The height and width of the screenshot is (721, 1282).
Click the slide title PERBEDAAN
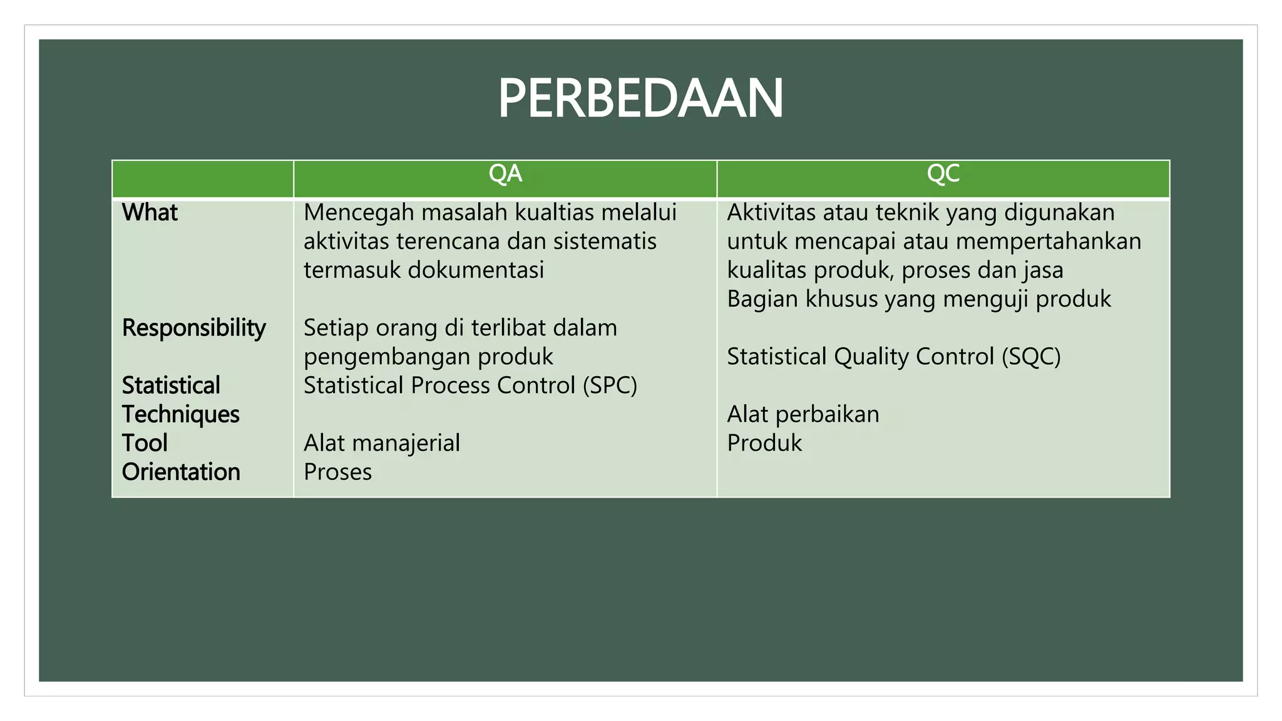(x=640, y=98)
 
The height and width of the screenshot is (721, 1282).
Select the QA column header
(x=505, y=174)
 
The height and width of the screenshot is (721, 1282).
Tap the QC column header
(x=943, y=174)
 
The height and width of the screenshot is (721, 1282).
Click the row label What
(x=150, y=213)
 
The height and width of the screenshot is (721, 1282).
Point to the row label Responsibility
(x=194, y=328)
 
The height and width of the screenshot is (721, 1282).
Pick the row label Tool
(x=145, y=443)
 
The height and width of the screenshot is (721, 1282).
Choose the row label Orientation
(x=181, y=472)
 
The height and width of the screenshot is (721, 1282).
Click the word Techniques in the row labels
(x=181, y=414)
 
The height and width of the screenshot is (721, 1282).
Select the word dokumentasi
(x=476, y=270)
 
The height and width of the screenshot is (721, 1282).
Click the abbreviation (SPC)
(x=609, y=386)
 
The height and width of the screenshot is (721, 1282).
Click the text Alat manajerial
(x=382, y=443)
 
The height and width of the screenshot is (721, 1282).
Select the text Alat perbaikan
(x=803, y=414)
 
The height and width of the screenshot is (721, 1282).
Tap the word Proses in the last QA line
(x=337, y=472)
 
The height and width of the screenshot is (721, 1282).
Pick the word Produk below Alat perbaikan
(x=764, y=443)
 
